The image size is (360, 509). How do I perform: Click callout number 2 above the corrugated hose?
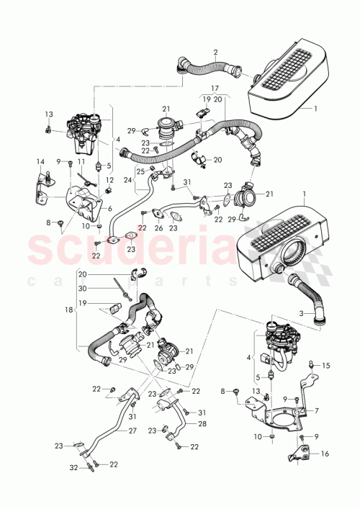point(215,52)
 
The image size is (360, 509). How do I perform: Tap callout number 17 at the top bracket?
point(215,89)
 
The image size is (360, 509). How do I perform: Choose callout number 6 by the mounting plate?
point(110,208)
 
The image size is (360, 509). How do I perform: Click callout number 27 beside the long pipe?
point(132,431)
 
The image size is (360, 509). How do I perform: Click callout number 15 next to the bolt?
point(325,366)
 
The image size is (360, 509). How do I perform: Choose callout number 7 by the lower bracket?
point(318,413)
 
